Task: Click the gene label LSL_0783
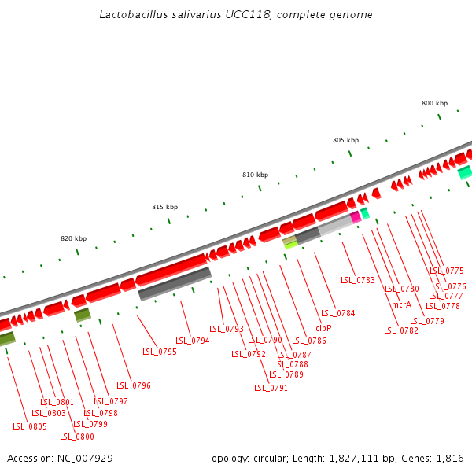click(358, 280)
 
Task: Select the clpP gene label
click(323, 328)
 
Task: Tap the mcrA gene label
click(401, 304)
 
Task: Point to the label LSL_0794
click(193, 341)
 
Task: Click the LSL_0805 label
click(30, 426)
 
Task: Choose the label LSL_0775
click(447, 271)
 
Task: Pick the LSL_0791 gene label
click(271, 388)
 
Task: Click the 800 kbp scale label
click(434, 104)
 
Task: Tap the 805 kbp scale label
click(345, 140)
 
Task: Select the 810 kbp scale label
click(255, 175)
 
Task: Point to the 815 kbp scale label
click(164, 207)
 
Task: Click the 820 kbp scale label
click(73, 238)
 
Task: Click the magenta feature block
click(356, 216)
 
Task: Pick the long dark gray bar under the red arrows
click(175, 283)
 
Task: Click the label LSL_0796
click(134, 385)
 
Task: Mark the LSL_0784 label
click(338, 313)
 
